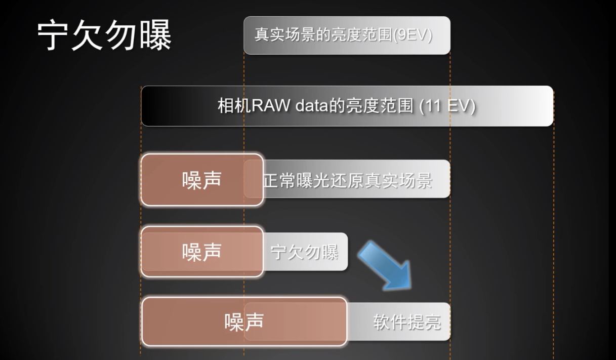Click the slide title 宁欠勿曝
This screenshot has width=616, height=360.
pos(104,35)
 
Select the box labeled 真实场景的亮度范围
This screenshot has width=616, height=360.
pos(347,35)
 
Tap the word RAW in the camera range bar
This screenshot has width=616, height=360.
pos(270,106)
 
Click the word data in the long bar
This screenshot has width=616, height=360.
pos(312,106)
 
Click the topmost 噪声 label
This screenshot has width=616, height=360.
pos(201,180)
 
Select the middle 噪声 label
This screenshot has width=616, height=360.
pos(201,252)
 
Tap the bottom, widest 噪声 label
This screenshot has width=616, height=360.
pos(244,322)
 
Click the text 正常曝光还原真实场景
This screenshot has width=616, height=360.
pos(348,180)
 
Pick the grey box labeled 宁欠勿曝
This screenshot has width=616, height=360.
pos(305,252)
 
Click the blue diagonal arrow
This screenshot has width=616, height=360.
pos(385,266)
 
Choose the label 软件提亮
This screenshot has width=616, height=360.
pos(407,322)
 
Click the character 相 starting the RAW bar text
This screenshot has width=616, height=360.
pos(226,106)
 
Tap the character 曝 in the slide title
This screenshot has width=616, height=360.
pos(156,35)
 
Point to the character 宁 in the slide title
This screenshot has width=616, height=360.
pos(53,35)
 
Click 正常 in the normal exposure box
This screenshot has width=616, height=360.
pos(279,180)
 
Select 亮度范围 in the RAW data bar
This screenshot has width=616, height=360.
pos(380,106)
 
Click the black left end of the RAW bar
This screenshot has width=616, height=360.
pos(154,106)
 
